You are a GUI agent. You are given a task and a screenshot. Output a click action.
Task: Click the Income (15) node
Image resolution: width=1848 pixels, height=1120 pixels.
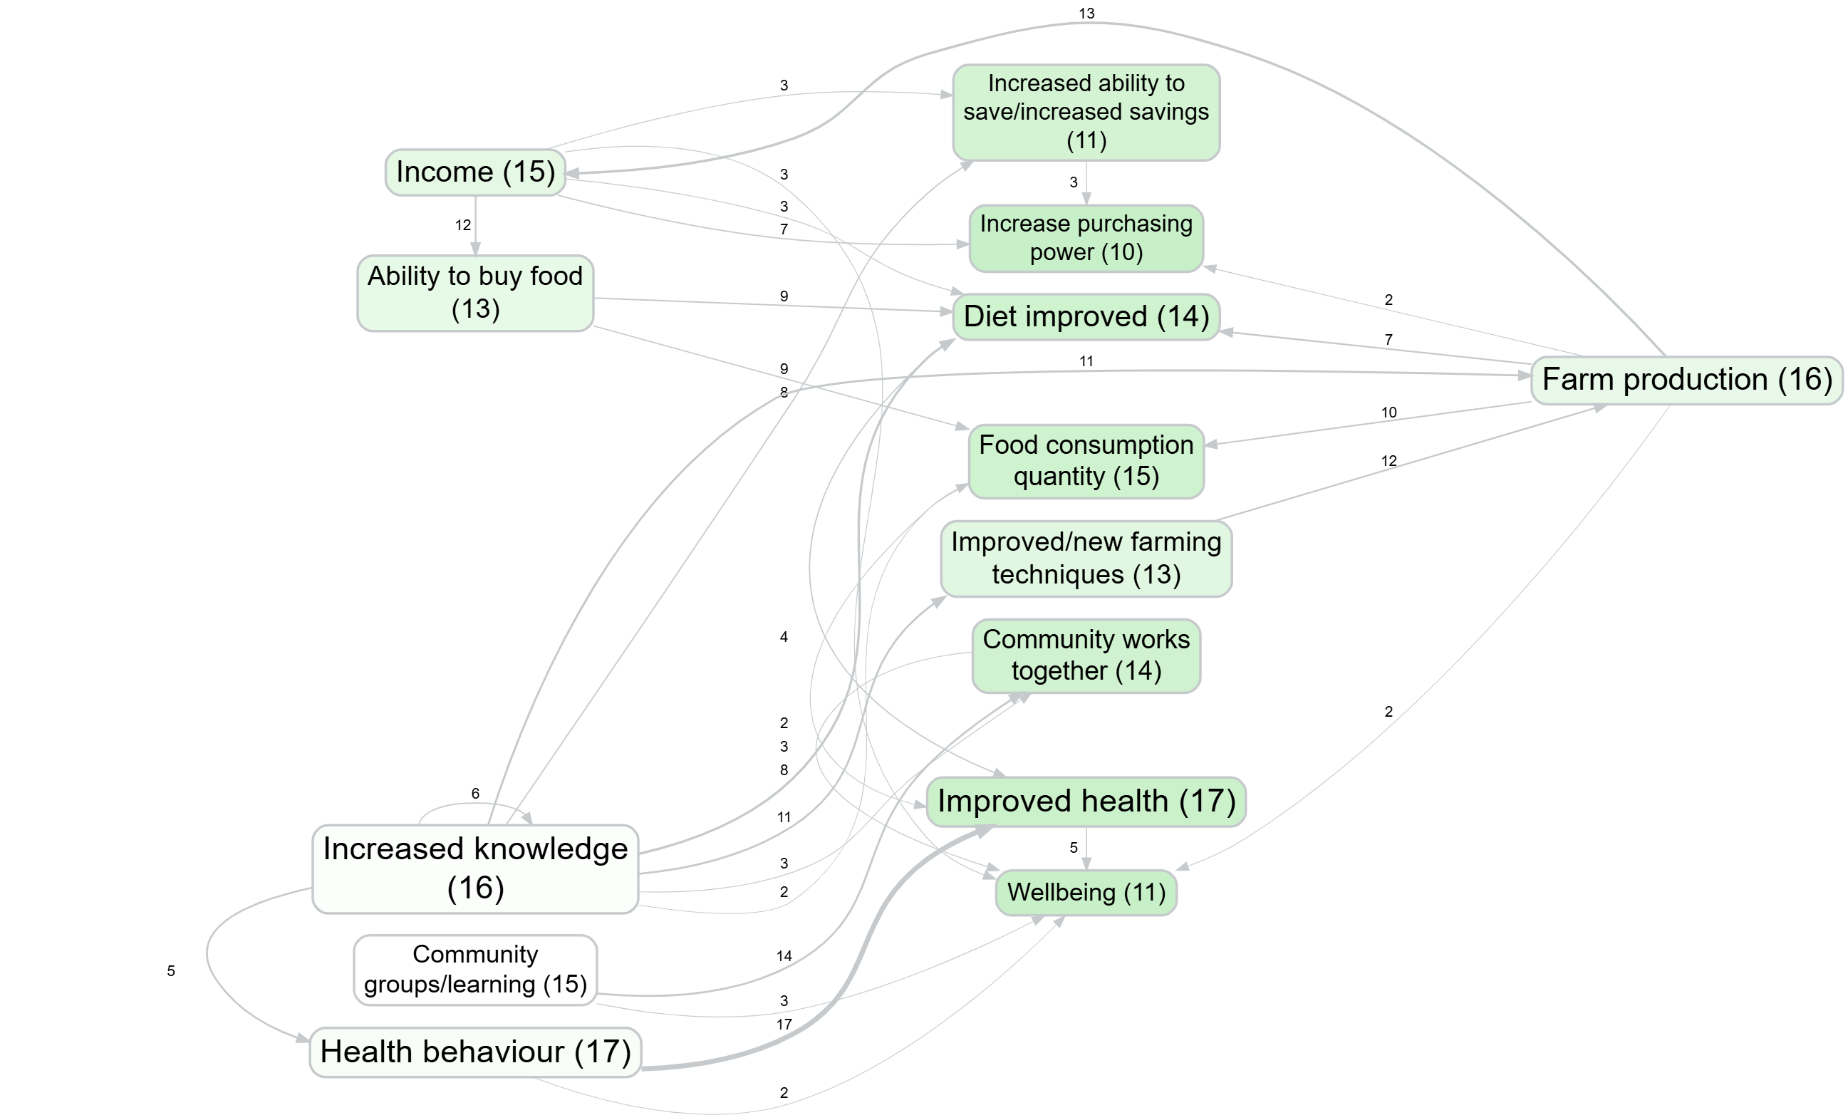coord(474,172)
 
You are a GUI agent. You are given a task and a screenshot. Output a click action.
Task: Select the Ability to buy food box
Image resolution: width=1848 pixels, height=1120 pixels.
coord(474,293)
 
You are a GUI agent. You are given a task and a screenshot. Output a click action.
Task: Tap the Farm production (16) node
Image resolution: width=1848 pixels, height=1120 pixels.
coord(1686,380)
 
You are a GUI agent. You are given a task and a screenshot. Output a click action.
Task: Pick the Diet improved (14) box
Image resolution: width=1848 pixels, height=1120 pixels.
coord(1085,316)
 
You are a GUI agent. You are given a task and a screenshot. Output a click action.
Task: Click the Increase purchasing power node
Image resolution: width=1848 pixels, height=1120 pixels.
coord(1085,238)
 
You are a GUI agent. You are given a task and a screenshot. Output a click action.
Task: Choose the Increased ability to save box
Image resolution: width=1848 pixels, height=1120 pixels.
coord(1085,112)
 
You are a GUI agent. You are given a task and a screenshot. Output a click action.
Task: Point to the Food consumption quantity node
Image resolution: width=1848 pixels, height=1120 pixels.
coord(1085,460)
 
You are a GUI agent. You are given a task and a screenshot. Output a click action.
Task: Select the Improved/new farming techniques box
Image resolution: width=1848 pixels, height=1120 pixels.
coord(1085,558)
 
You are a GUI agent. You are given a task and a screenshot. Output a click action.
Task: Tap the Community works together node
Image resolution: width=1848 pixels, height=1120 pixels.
coord(1085,655)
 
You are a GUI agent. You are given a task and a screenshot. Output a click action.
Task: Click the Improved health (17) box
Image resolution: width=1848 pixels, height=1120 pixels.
coord(1085,802)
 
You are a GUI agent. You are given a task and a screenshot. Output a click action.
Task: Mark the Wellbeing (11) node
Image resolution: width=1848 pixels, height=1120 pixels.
coord(1085,892)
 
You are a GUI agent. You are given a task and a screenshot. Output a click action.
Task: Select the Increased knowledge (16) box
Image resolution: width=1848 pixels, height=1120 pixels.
coord(474,868)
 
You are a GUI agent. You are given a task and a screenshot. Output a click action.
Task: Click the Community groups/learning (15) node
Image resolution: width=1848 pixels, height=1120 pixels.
coord(474,969)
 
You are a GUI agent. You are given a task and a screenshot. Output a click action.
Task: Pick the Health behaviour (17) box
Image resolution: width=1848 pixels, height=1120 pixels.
coord(474,1052)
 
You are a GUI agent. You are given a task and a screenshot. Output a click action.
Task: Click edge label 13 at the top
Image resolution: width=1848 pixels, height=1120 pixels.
coord(1086,14)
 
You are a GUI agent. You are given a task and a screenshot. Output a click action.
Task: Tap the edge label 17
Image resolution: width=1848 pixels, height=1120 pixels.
coord(784,1024)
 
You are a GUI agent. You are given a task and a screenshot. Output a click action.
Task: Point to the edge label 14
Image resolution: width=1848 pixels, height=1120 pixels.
coord(784,955)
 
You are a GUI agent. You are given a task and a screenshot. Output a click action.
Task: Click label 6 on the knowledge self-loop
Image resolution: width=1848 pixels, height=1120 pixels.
coord(474,793)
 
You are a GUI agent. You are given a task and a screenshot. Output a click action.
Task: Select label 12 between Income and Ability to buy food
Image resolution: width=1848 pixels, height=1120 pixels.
coord(463,225)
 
